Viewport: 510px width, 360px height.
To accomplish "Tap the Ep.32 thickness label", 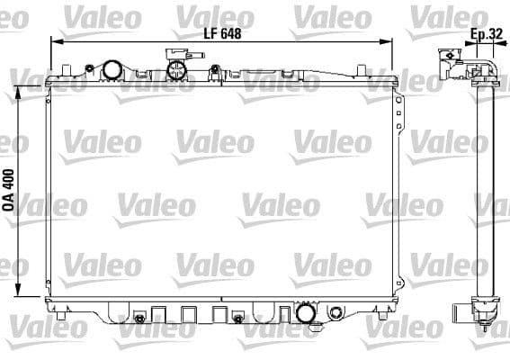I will (x=487, y=35).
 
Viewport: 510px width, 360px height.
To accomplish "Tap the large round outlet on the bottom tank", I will (x=305, y=313).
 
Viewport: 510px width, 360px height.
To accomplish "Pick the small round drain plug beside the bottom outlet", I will (x=336, y=313).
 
